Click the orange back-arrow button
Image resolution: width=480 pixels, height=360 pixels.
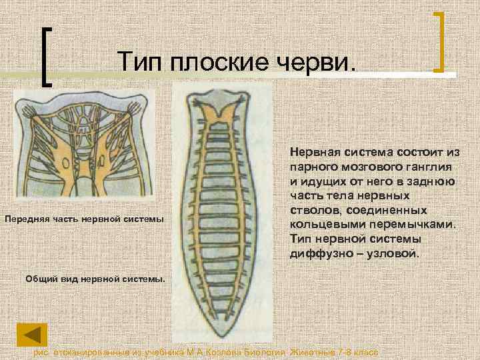[32, 335]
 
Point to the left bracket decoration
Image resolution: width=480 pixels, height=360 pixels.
[48, 56]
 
